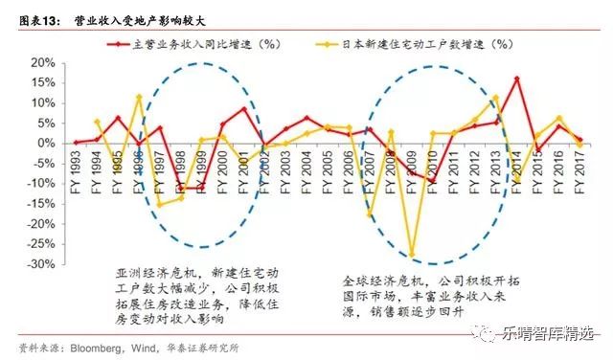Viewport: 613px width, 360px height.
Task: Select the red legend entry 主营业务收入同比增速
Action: (196, 44)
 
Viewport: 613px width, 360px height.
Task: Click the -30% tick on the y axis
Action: (39, 265)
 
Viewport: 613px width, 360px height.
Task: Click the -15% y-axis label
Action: (39, 204)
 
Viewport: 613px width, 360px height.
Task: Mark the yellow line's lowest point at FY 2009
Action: (413, 256)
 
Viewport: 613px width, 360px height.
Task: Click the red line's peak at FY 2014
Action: (517, 79)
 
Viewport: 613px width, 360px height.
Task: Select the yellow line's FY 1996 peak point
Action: (139, 97)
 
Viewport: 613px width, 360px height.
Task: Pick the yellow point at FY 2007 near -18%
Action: (370, 215)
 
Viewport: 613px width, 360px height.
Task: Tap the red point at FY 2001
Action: (243, 108)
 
